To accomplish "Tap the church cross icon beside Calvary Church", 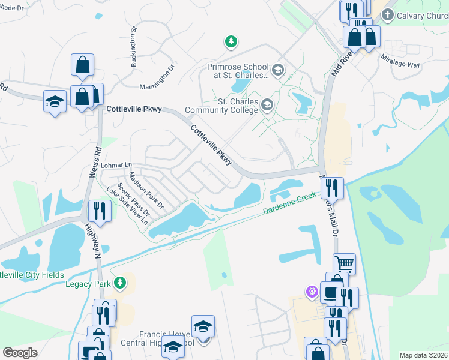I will [387, 14].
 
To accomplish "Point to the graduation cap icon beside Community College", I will [267, 106].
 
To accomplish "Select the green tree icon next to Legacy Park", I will [121, 282].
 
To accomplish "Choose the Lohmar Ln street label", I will [116, 164].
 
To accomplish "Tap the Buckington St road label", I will [135, 46].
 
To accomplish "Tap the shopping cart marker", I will [344, 263].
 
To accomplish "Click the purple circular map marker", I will [312, 293].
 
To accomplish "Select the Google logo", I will [20, 353].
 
